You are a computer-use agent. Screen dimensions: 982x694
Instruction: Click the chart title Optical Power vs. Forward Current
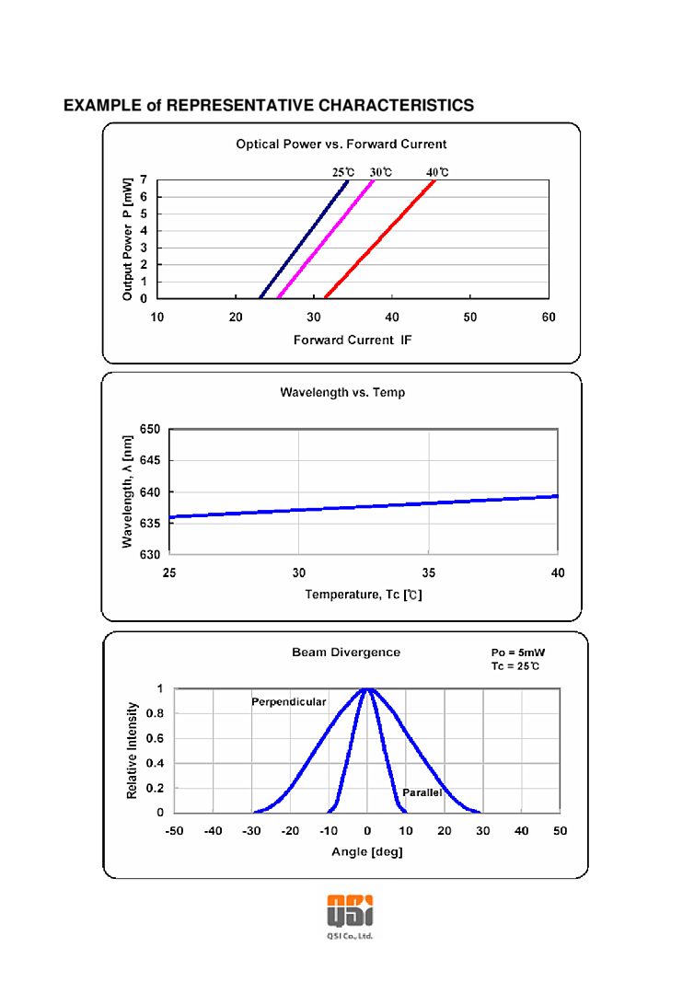pos(341,144)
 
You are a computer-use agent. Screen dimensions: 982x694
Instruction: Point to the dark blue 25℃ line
pos(304,239)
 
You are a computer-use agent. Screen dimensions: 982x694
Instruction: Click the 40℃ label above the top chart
pos(437,172)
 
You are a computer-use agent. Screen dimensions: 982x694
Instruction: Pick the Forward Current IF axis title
pos(353,340)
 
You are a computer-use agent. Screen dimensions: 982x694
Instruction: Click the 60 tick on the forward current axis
pos(549,318)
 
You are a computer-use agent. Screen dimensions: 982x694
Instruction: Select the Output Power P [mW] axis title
pos(128,239)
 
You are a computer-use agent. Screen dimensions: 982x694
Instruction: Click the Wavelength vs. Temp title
pos(342,392)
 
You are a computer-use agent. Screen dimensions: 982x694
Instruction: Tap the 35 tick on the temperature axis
pos(428,573)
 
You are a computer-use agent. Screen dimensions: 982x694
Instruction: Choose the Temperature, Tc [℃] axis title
pos(364,595)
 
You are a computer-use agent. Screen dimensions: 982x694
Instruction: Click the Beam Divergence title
pos(346,653)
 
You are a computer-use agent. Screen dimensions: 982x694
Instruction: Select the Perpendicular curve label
pos(289,702)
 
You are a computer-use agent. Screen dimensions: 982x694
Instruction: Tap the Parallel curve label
pos(422,792)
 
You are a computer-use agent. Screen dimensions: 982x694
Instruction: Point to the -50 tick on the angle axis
pos(174,832)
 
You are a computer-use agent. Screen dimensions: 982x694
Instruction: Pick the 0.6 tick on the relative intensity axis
pos(155,738)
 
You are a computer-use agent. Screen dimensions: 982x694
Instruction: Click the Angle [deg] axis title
pos(367,852)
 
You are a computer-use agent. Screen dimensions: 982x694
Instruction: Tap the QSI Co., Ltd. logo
pos(350,914)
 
